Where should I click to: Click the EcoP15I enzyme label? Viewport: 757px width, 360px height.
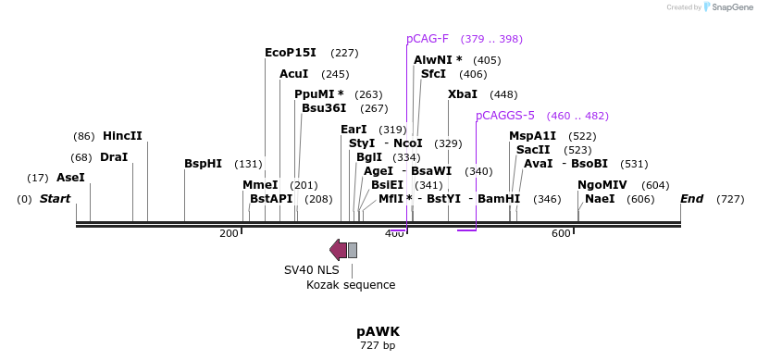pos(290,53)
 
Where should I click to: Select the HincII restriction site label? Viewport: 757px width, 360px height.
pos(122,136)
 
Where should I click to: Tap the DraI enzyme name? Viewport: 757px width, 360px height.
pos(114,157)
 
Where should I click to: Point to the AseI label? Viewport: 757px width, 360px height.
pos(70,178)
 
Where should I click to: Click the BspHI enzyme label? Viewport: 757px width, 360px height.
pos(203,164)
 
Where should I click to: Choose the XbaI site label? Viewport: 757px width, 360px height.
pos(463,94)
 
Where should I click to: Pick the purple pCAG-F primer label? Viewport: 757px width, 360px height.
pos(427,39)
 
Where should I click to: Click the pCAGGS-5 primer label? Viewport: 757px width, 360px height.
pos(505,116)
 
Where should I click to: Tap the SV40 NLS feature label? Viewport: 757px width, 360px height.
pos(311,270)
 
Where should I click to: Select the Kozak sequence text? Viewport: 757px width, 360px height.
pos(351,285)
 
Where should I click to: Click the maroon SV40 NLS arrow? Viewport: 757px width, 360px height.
pos(338,249)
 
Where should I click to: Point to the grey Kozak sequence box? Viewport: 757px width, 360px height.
pos(353,250)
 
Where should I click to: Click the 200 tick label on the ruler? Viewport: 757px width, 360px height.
pos(229,234)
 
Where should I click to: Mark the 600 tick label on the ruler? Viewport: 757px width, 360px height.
pos(561,234)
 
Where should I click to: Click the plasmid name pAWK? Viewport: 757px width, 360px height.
pos(378,331)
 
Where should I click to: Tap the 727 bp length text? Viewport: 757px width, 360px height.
pos(378,346)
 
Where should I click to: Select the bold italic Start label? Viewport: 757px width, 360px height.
pos(55,199)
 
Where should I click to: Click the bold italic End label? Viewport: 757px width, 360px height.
pos(691,199)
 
